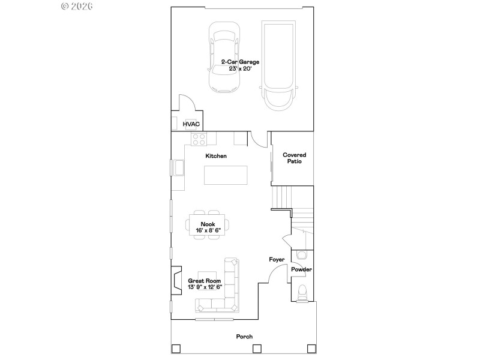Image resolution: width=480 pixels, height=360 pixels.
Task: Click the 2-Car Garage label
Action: [x=240, y=62]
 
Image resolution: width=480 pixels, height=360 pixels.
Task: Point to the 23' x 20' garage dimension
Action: [x=240, y=68]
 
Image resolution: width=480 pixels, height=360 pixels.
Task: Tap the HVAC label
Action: [x=191, y=124]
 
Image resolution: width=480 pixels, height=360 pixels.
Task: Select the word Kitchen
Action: [x=216, y=156]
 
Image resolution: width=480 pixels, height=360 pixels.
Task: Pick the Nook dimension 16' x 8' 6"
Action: [x=208, y=230]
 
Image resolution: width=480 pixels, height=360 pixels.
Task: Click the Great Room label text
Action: [x=205, y=281]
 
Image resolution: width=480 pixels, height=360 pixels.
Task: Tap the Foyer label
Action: [x=276, y=260]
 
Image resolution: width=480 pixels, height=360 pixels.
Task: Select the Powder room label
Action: [x=301, y=269]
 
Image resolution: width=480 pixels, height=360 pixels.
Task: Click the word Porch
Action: [x=244, y=337]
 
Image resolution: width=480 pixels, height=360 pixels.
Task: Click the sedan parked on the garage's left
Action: [x=223, y=58]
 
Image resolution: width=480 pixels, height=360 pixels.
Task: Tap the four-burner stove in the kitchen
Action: [x=199, y=139]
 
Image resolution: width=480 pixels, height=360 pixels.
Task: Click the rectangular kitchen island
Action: [x=226, y=175]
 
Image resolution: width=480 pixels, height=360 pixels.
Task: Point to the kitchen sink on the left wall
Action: [x=178, y=169]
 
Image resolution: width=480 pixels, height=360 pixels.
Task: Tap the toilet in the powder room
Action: [x=302, y=293]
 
